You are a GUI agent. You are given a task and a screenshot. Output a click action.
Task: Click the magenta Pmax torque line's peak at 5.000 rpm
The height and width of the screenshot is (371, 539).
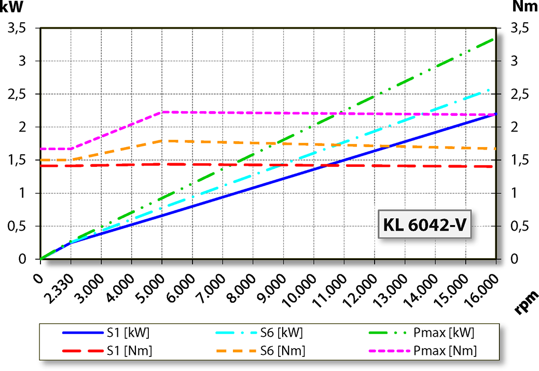tap(162, 112)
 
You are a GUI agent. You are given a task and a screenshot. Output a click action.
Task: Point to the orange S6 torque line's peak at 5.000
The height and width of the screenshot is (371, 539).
tap(162, 140)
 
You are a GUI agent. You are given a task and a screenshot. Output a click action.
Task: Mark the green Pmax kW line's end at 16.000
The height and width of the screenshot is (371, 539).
tap(495, 38)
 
